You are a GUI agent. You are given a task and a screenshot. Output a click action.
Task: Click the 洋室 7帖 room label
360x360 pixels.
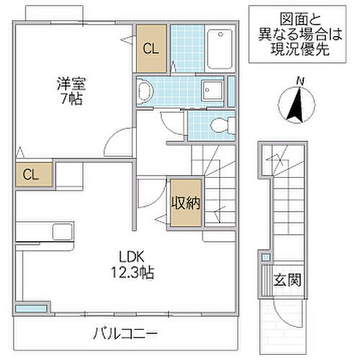coord(70,91)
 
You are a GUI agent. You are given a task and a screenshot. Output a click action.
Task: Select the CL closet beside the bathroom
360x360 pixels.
coord(151,50)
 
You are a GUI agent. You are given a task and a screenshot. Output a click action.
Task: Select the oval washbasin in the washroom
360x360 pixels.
coord(145,91)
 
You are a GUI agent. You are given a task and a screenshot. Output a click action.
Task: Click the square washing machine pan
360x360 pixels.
coord(213,90)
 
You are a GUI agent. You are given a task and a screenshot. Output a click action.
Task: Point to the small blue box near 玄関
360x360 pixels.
coord(265,257)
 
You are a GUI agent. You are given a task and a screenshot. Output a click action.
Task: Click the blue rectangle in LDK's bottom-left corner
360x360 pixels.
coord(28,309)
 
